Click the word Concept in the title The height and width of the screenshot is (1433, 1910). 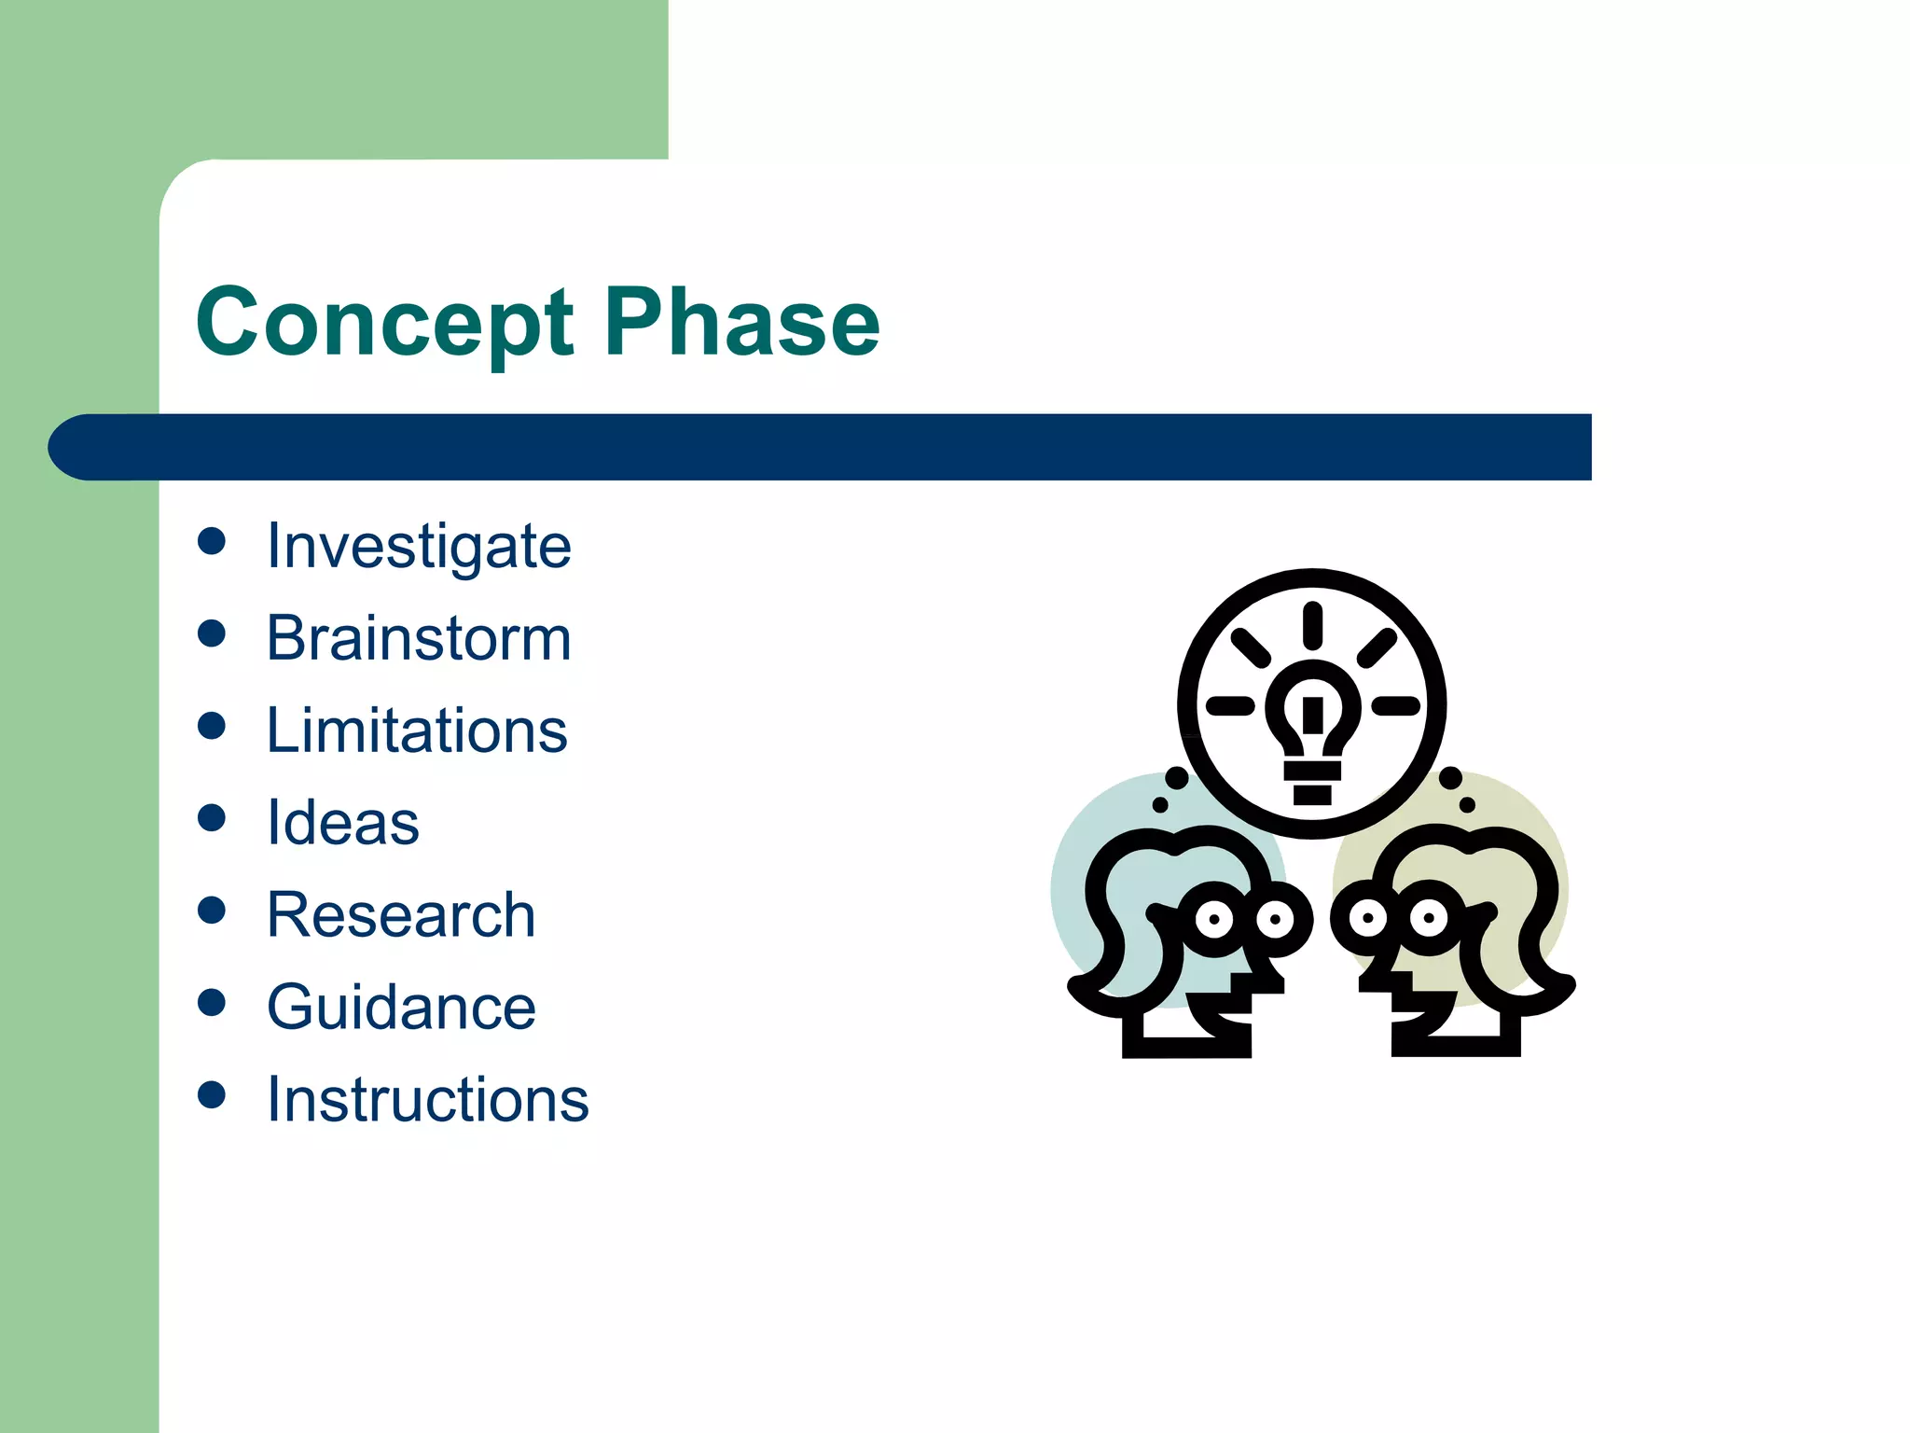click(384, 323)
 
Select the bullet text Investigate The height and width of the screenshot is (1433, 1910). click(419, 546)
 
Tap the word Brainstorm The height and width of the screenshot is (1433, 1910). click(419, 638)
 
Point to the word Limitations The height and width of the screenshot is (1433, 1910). click(417, 730)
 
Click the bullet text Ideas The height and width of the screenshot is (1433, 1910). click(343, 823)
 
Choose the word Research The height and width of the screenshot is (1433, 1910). click(401, 915)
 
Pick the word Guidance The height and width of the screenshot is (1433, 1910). click(401, 1008)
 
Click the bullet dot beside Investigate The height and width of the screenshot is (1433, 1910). click(212, 541)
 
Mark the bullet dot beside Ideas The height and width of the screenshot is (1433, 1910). click(212, 818)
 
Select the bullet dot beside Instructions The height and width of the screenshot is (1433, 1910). click(212, 1094)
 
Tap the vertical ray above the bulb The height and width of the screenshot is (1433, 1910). click(1312, 625)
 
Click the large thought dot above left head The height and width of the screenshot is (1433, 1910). click(1177, 777)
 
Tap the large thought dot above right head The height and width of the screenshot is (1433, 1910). click(1450, 777)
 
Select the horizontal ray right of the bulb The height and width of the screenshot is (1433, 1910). click(1395, 705)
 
